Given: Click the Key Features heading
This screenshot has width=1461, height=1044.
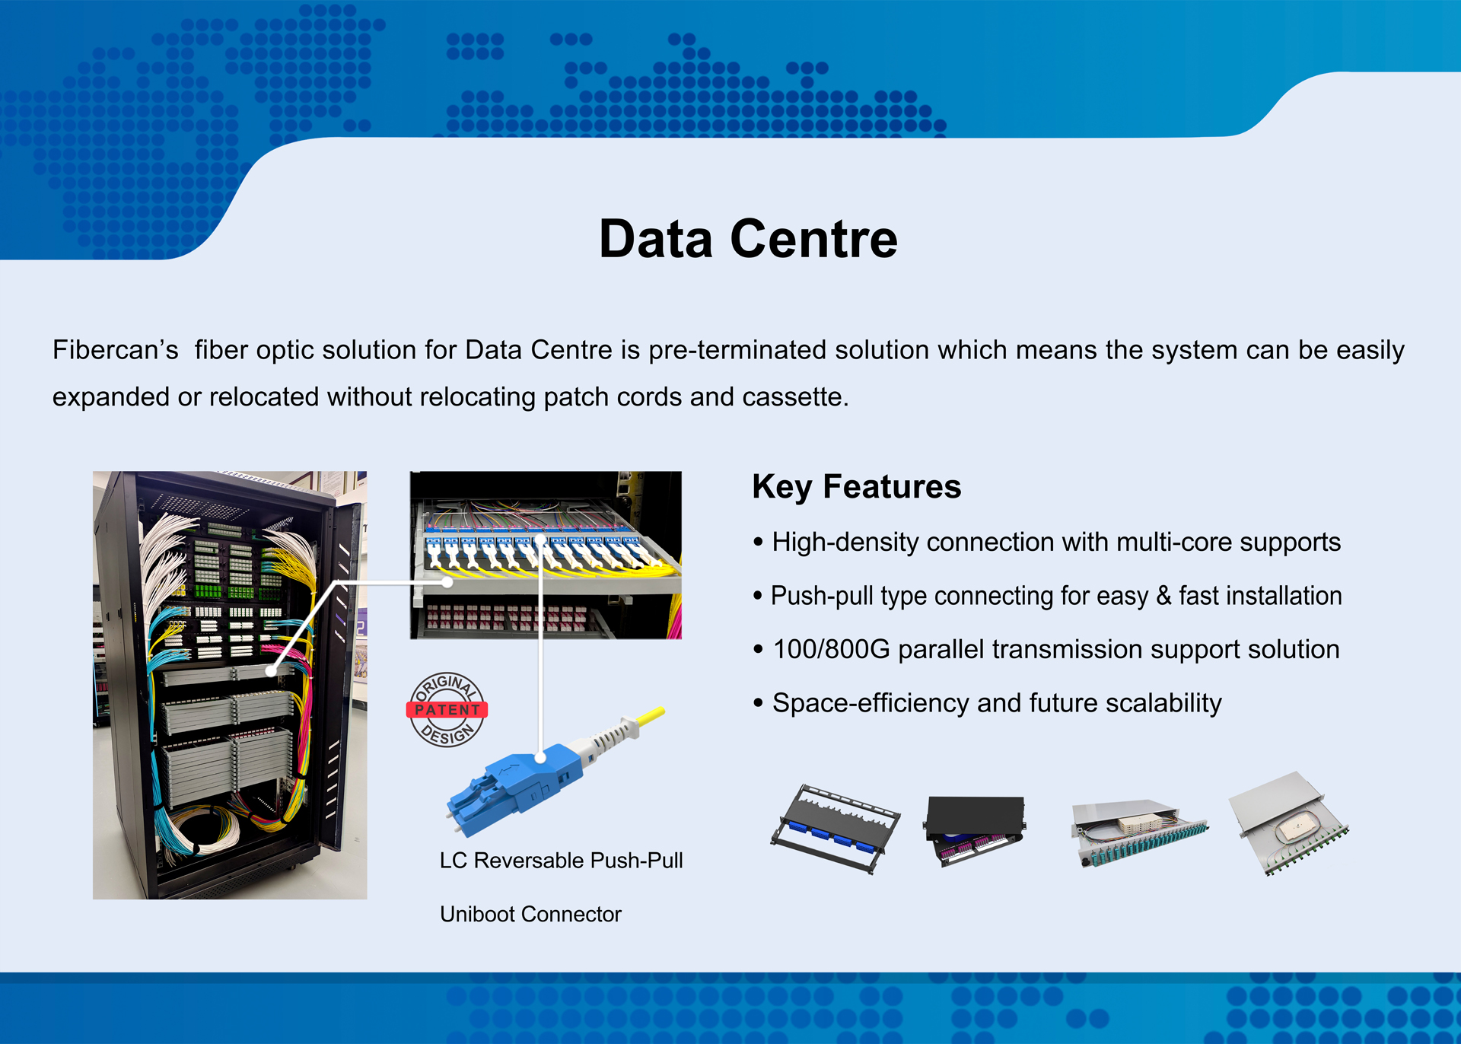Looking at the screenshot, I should (856, 486).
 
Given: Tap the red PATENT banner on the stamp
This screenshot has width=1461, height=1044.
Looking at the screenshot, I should (447, 710).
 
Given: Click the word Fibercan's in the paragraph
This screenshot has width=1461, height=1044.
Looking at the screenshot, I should (115, 350).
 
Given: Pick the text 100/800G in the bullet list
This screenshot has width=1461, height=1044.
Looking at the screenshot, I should (830, 650).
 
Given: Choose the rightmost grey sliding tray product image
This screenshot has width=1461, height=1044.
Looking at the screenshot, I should (1288, 823).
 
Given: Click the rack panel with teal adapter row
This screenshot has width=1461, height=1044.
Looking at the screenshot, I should (1138, 832).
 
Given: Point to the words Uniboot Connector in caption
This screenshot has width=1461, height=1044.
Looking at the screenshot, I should (530, 914).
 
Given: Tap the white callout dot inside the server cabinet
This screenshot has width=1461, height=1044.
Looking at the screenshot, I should (272, 671).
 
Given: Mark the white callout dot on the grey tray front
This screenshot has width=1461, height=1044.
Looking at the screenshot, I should (447, 582).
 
